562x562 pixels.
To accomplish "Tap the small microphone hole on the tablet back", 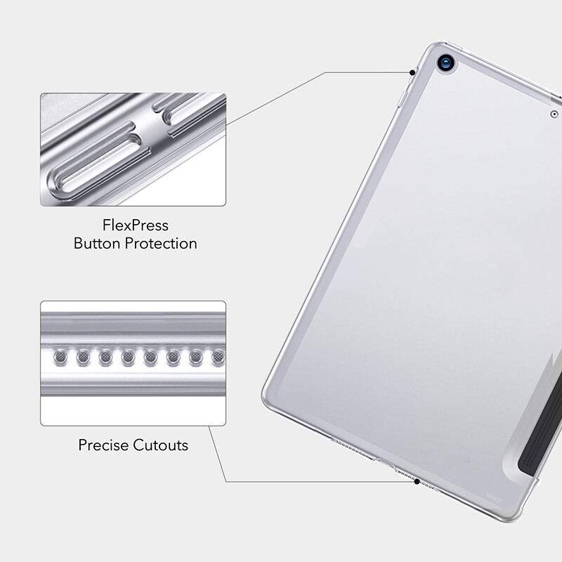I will [554, 114].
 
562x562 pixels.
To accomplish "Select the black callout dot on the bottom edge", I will [417, 482].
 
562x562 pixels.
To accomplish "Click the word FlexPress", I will [135, 226].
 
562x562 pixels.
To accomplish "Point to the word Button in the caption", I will [97, 244].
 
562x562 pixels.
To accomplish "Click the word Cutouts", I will [162, 445].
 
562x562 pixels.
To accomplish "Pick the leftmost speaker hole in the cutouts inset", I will [61, 359].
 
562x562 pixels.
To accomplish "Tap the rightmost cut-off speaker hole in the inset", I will [219, 359].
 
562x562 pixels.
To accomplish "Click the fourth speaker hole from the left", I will [129, 359].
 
